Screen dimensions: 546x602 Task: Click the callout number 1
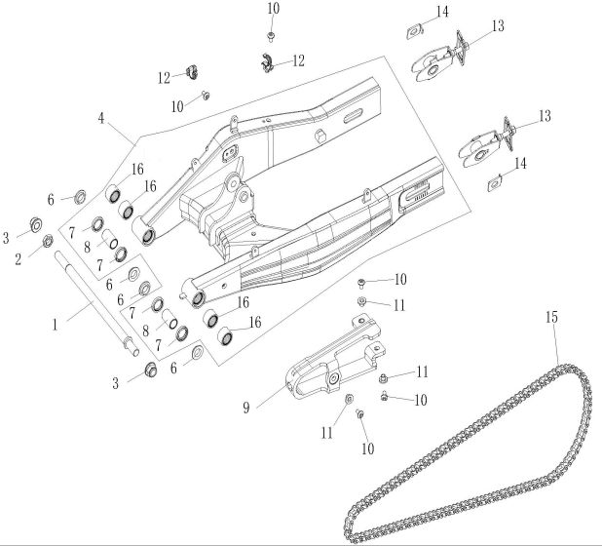(56, 320)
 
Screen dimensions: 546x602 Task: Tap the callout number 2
(18, 260)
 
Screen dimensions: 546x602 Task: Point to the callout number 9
(246, 407)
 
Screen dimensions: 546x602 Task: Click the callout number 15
(552, 318)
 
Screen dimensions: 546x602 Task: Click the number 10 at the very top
(273, 9)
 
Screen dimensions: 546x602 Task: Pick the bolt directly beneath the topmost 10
(272, 35)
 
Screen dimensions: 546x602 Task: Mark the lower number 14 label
(521, 163)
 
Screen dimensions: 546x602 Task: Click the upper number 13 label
(498, 26)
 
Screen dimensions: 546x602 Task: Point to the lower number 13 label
(545, 116)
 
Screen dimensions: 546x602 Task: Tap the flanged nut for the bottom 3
(150, 370)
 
